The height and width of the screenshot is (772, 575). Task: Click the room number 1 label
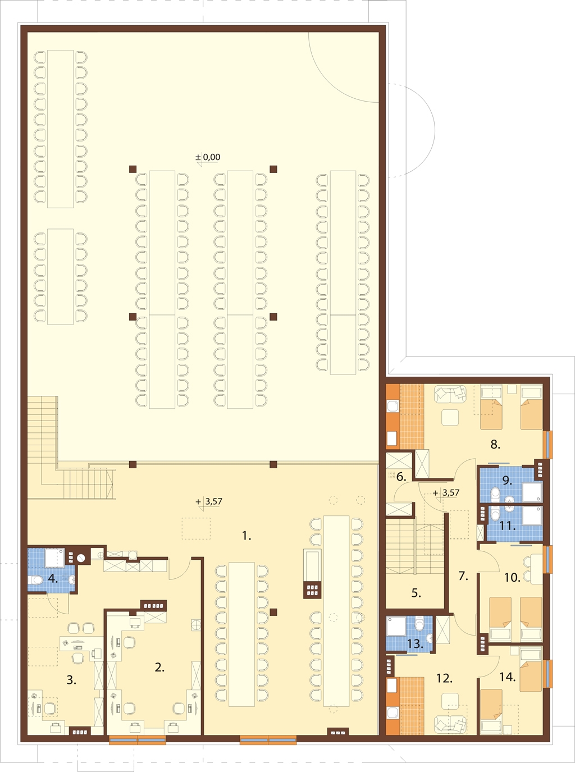(247, 536)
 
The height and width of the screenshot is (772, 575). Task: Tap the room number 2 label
(159, 667)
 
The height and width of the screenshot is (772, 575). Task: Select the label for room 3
(71, 680)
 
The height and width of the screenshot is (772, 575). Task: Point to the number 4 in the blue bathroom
(53, 578)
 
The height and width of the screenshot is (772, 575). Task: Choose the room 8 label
(495, 444)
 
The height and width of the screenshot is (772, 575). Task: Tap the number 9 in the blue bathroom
(507, 481)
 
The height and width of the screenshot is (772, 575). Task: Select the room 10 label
(512, 578)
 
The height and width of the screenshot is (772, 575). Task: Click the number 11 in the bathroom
(508, 526)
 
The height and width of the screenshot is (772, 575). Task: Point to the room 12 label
(445, 678)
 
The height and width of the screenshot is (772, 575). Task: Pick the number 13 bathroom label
(415, 644)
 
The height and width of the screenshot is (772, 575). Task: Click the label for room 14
(508, 677)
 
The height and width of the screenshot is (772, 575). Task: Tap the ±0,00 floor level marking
(208, 157)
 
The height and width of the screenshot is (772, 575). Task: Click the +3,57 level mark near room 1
(209, 501)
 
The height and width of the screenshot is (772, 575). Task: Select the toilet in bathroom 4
(35, 580)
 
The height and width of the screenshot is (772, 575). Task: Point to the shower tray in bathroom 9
(532, 491)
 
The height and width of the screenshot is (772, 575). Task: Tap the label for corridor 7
(463, 576)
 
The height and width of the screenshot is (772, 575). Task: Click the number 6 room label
(401, 477)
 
